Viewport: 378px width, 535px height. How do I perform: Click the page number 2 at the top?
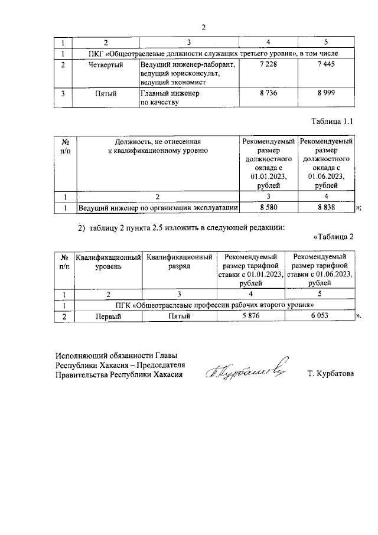point(204,27)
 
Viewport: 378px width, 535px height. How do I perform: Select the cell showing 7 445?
point(326,64)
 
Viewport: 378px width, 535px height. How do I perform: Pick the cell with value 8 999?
point(326,93)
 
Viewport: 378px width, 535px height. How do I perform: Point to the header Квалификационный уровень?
point(109,262)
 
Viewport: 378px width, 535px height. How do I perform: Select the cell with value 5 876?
point(251,317)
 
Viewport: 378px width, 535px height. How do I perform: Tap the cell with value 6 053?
point(319,317)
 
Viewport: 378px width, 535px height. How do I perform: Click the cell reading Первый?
point(109,317)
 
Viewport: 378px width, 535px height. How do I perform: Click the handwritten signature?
point(247,368)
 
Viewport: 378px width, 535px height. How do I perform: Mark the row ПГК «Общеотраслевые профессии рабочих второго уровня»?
point(213,305)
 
